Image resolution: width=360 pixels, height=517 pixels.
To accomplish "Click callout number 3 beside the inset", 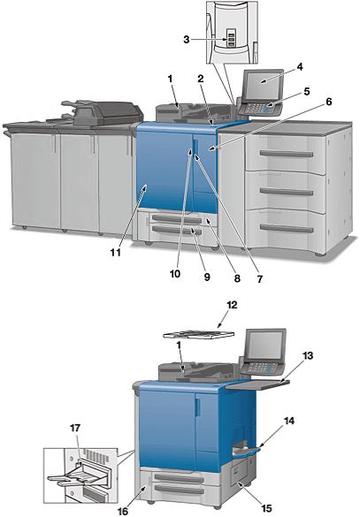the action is tap(187, 40).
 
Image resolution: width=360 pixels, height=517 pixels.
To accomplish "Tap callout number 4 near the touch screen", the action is tap(300, 67).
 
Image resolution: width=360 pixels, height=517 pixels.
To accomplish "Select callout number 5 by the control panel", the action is tap(307, 91).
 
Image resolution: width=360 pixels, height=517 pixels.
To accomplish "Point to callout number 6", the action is tap(329, 102).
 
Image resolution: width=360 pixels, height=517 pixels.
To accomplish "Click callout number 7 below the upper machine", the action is tap(260, 279).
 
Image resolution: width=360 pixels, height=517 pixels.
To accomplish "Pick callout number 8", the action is tap(237, 278).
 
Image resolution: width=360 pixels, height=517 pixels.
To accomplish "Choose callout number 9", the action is tap(207, 278).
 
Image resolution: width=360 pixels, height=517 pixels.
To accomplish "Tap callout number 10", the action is tap(175, 273).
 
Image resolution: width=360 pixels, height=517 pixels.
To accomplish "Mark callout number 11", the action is tap(116, 253).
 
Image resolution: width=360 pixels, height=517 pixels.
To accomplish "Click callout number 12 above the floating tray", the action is tap(232, 305).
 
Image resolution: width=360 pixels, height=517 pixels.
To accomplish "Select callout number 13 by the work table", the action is tap(308, 356).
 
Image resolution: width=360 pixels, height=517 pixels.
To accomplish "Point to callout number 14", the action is tap(289, 421).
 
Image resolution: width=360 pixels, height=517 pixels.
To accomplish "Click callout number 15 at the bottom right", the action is tap(266, 509).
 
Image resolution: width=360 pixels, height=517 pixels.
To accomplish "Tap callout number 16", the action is tap(123, 511).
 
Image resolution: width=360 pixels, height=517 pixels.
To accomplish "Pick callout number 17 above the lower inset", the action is tap(75, 428).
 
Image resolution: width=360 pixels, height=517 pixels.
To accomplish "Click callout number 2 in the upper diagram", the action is tap(201, 79).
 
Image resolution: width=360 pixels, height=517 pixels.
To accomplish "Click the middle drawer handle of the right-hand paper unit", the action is tap(287, 191).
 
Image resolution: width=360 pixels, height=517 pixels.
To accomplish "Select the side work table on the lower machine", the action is tap(258, 384).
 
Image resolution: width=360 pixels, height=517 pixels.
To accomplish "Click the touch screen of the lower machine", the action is tap(265, 345).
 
